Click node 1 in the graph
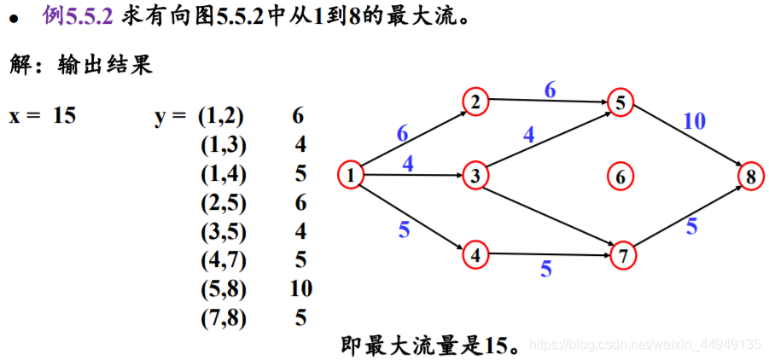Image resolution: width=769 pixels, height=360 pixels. click(351, 176)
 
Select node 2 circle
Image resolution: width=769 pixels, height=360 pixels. click(475, 102)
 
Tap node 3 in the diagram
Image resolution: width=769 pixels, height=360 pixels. click(475, 177)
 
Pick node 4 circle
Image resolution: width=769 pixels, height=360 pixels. click(475, 253)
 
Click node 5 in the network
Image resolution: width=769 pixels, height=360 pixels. click(620, 102)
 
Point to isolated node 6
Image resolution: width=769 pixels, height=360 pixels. click(620, 177)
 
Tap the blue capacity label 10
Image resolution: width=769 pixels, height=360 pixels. click(694, 121)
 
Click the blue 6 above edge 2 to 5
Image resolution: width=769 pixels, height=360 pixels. click(550, 90)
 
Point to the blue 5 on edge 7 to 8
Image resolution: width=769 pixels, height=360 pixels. click(691, 226)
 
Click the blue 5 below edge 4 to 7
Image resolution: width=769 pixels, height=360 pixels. click(545, 270)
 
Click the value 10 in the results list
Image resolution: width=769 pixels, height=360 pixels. click(300, 288)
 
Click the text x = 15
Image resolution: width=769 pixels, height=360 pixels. click(42, 116)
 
